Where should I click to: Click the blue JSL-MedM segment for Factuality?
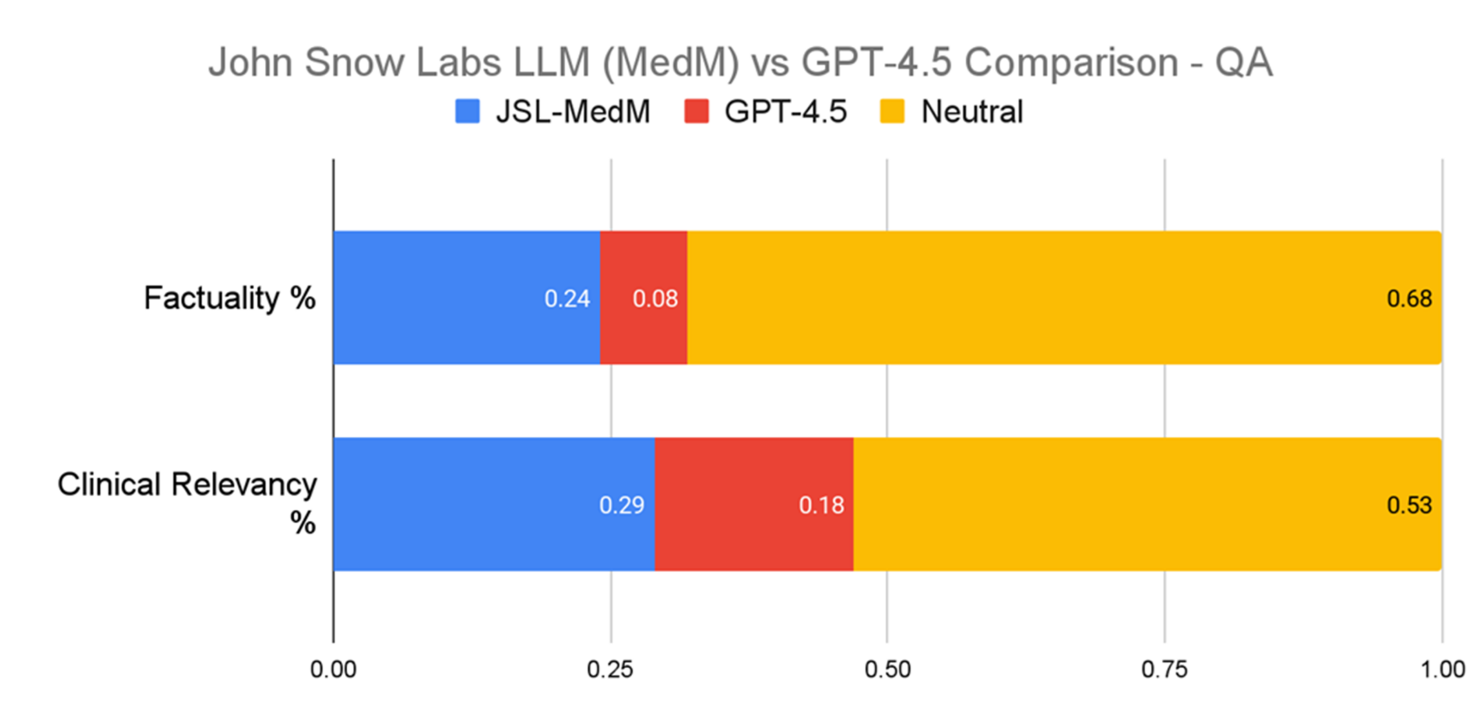pyautogui.click(x=466, y=297)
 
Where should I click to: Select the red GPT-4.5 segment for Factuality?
pyautogui.click(x=643, y=297)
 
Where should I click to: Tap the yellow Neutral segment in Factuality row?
pyautogui.click(x=1064, y=297)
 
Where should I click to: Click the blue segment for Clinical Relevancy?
pyautogui.click(x=494, y=504)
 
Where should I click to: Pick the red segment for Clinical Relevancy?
pyautogui.click(x=753, y=504)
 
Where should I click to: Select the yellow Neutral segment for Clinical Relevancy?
pyautogui.click(x=1147, y=504)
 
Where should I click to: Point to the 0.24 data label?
pyautogui.click(x=567, y=299)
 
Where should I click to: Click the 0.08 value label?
pyautogui.click(x=655, y=299)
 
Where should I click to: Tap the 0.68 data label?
pyautogui.click(x=1409, y=299)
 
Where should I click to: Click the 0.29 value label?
pyautogui.click(x=621, y=505)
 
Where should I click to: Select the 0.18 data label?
pyautogui.click(x=821, y=505)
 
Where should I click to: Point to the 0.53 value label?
pyautogui.click(x=1409, y=505)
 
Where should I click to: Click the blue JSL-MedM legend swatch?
pyautogui.click(x=468, y=112)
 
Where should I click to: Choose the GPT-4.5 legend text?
pyautogui.click(x=785, y=112)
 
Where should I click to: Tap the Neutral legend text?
pyautogui.click(x=972, y=112)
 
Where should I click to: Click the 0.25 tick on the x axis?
pyautogui.click(x=610, y=670)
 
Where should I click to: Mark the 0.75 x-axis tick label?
pyautogui.click(x=1164, y=670)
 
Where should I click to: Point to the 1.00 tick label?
pyautogui.click(x=1442, y=670)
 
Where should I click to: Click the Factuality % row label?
pyautogui.click(x=229, y=298)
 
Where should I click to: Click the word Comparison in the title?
pyautogui.click(x=1071, y=63)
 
